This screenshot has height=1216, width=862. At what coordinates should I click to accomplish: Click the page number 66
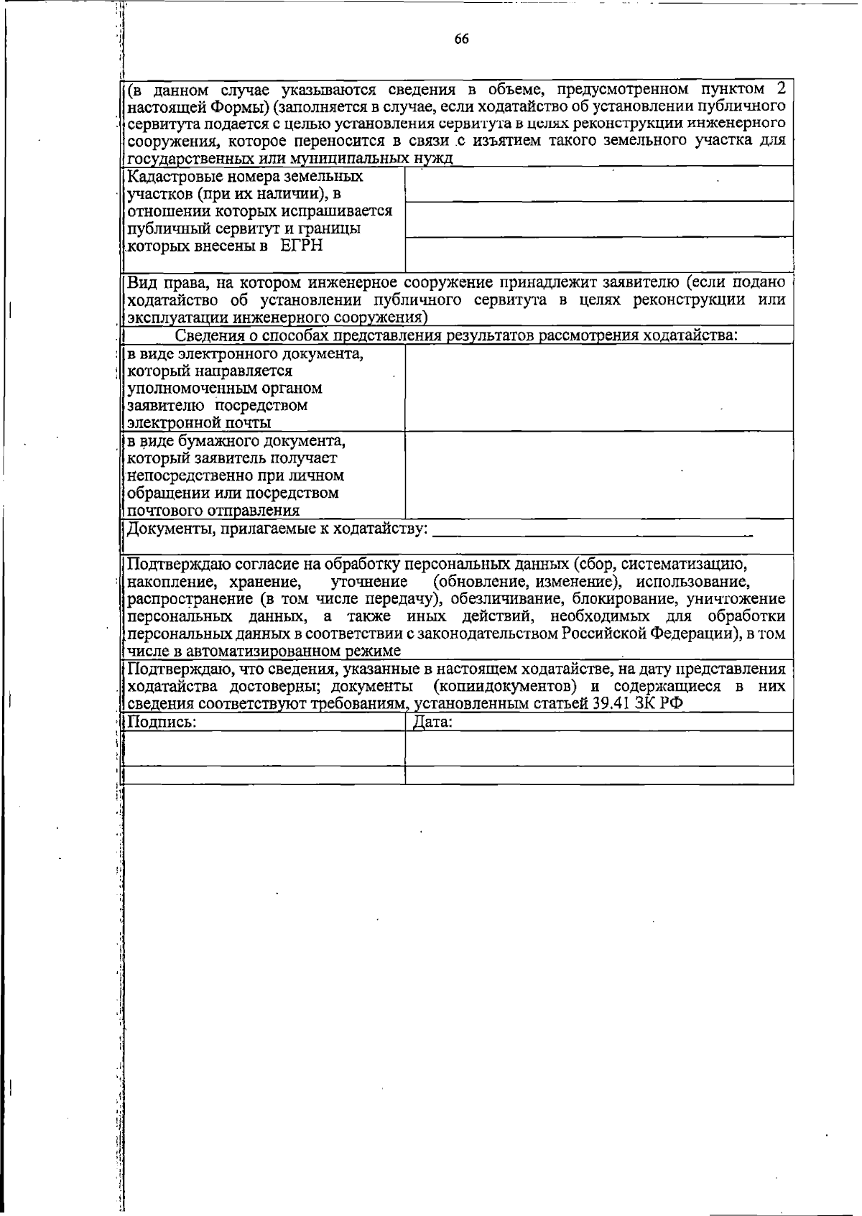click(x=461, y=40)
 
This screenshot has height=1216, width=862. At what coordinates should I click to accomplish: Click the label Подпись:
click(x=162, y=722)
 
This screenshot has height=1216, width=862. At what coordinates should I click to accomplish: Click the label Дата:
click(x=432, y=722)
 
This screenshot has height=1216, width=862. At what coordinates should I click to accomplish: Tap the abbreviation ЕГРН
click(x=302, y=246)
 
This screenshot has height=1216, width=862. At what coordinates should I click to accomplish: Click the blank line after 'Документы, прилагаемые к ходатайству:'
click(x=593, y=533)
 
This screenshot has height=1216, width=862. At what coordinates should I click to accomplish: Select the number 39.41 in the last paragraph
click(x=613, y=703)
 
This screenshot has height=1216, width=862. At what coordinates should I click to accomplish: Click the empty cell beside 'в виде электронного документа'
click(x=599, y=387)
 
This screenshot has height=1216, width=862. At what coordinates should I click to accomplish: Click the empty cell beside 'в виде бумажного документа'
click(x=599, y=474)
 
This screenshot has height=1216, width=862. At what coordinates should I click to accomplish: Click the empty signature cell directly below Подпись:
click(x=264, y=748)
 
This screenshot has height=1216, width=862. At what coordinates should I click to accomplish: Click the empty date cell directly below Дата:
click(x=599, y=748)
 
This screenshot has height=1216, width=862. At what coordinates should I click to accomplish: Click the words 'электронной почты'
click(x=199, y=423)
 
